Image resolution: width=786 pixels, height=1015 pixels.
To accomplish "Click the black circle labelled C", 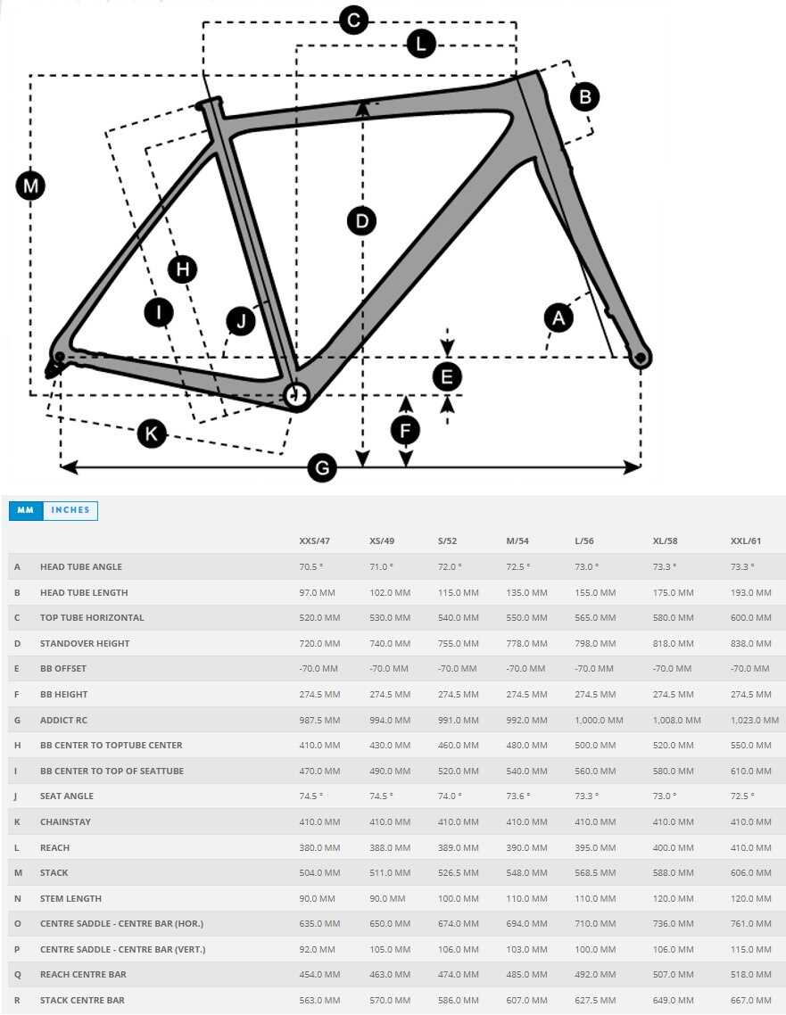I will click(353, 20).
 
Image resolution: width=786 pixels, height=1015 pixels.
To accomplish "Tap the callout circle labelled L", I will click(420, 44).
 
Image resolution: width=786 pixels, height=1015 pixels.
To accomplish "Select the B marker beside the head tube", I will click(585, 96).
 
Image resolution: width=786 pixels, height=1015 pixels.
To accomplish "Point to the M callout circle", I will click(31, 186).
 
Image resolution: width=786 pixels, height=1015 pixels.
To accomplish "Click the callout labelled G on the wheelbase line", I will click(322, 467).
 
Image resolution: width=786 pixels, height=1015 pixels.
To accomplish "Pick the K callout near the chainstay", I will click(152, 434).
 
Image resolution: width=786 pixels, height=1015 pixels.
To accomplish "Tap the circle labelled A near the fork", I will click(559, 318).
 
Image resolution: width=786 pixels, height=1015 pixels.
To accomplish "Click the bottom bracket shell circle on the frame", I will click(295, 394).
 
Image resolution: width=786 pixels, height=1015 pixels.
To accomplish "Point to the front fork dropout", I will click(640, 358).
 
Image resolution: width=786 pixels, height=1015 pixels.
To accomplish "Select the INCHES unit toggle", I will click(70, 510).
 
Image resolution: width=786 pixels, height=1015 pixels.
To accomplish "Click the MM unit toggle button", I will click(26, 510).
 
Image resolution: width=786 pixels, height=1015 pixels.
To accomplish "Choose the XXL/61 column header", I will click(747, 541).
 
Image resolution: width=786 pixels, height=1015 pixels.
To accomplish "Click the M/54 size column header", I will click(517, 541).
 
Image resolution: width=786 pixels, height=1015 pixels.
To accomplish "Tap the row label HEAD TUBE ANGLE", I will click(81, 566).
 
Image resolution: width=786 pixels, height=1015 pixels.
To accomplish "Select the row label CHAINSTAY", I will click(65, 821).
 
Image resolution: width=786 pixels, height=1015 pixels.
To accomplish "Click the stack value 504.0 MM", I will click(319, 872).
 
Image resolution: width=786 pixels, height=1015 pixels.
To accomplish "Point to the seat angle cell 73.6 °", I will click(517, 796).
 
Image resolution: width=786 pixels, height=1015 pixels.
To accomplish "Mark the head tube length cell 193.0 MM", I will click(750, 592).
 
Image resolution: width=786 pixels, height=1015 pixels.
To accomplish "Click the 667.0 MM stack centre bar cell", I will click(750, 1000).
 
